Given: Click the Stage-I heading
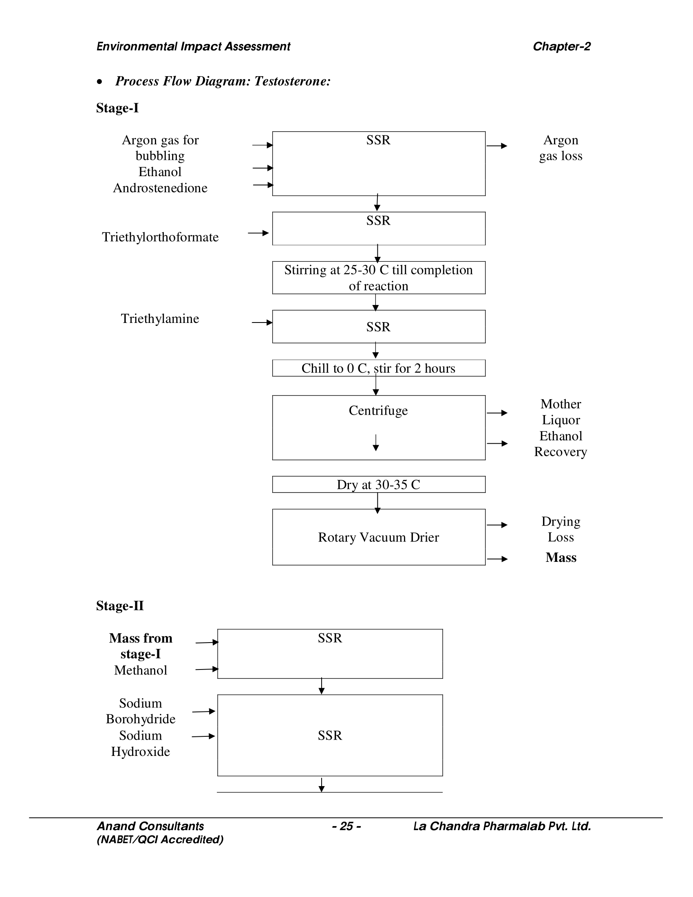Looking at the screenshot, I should tap(117, 108).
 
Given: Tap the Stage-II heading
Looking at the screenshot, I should tap(119, 606).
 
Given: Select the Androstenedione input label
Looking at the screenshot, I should tap(160, 188).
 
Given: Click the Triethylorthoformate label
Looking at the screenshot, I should tap(160, 237).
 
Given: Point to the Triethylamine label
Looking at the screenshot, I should tap(160, 319).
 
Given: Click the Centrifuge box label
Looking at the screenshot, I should tap(378, 411).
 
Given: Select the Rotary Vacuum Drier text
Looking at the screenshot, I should tap(378, 537).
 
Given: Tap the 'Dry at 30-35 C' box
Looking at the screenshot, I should tap(378, 485).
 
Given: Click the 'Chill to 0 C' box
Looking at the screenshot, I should tap(378, 369).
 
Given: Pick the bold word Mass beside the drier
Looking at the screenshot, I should tap(561, 558).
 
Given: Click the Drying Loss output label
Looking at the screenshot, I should tap(561, 529).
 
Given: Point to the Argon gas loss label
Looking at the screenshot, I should tap(561, 148).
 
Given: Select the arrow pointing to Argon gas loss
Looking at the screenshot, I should tap(497, 146).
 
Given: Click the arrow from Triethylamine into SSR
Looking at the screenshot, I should tap(262, 323).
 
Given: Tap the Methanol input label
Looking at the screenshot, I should tap(140, 670).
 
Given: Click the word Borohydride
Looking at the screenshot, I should tap(140, 719).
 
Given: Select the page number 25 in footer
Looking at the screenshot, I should tap(346, 826).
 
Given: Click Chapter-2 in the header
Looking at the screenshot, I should tap(561, 46).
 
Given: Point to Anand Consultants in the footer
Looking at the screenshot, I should tap(150, 826).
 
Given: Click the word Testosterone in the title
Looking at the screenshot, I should tap(292, 81).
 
